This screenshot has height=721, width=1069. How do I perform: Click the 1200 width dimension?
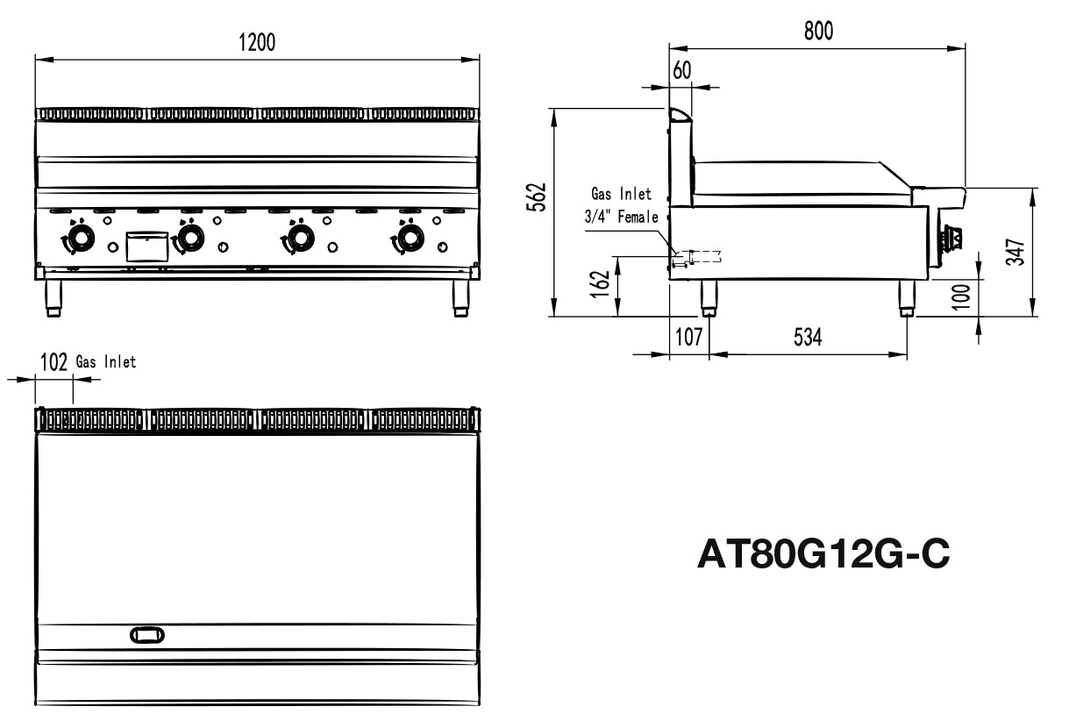tap(257, 42)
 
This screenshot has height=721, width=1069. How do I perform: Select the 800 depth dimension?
tap(818, 31)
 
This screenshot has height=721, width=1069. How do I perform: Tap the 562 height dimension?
tap(537, 196)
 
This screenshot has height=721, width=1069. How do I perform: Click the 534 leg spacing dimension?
tap(808, 337)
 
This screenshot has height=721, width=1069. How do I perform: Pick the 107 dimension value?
tap(688, 337)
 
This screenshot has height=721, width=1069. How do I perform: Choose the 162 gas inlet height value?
tap(601, 284)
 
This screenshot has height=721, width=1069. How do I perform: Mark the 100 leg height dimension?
tap(961, 296)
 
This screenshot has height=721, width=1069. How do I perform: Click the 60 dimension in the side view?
tap(681, 71)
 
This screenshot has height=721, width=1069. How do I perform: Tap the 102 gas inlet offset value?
tap(53, 362)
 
